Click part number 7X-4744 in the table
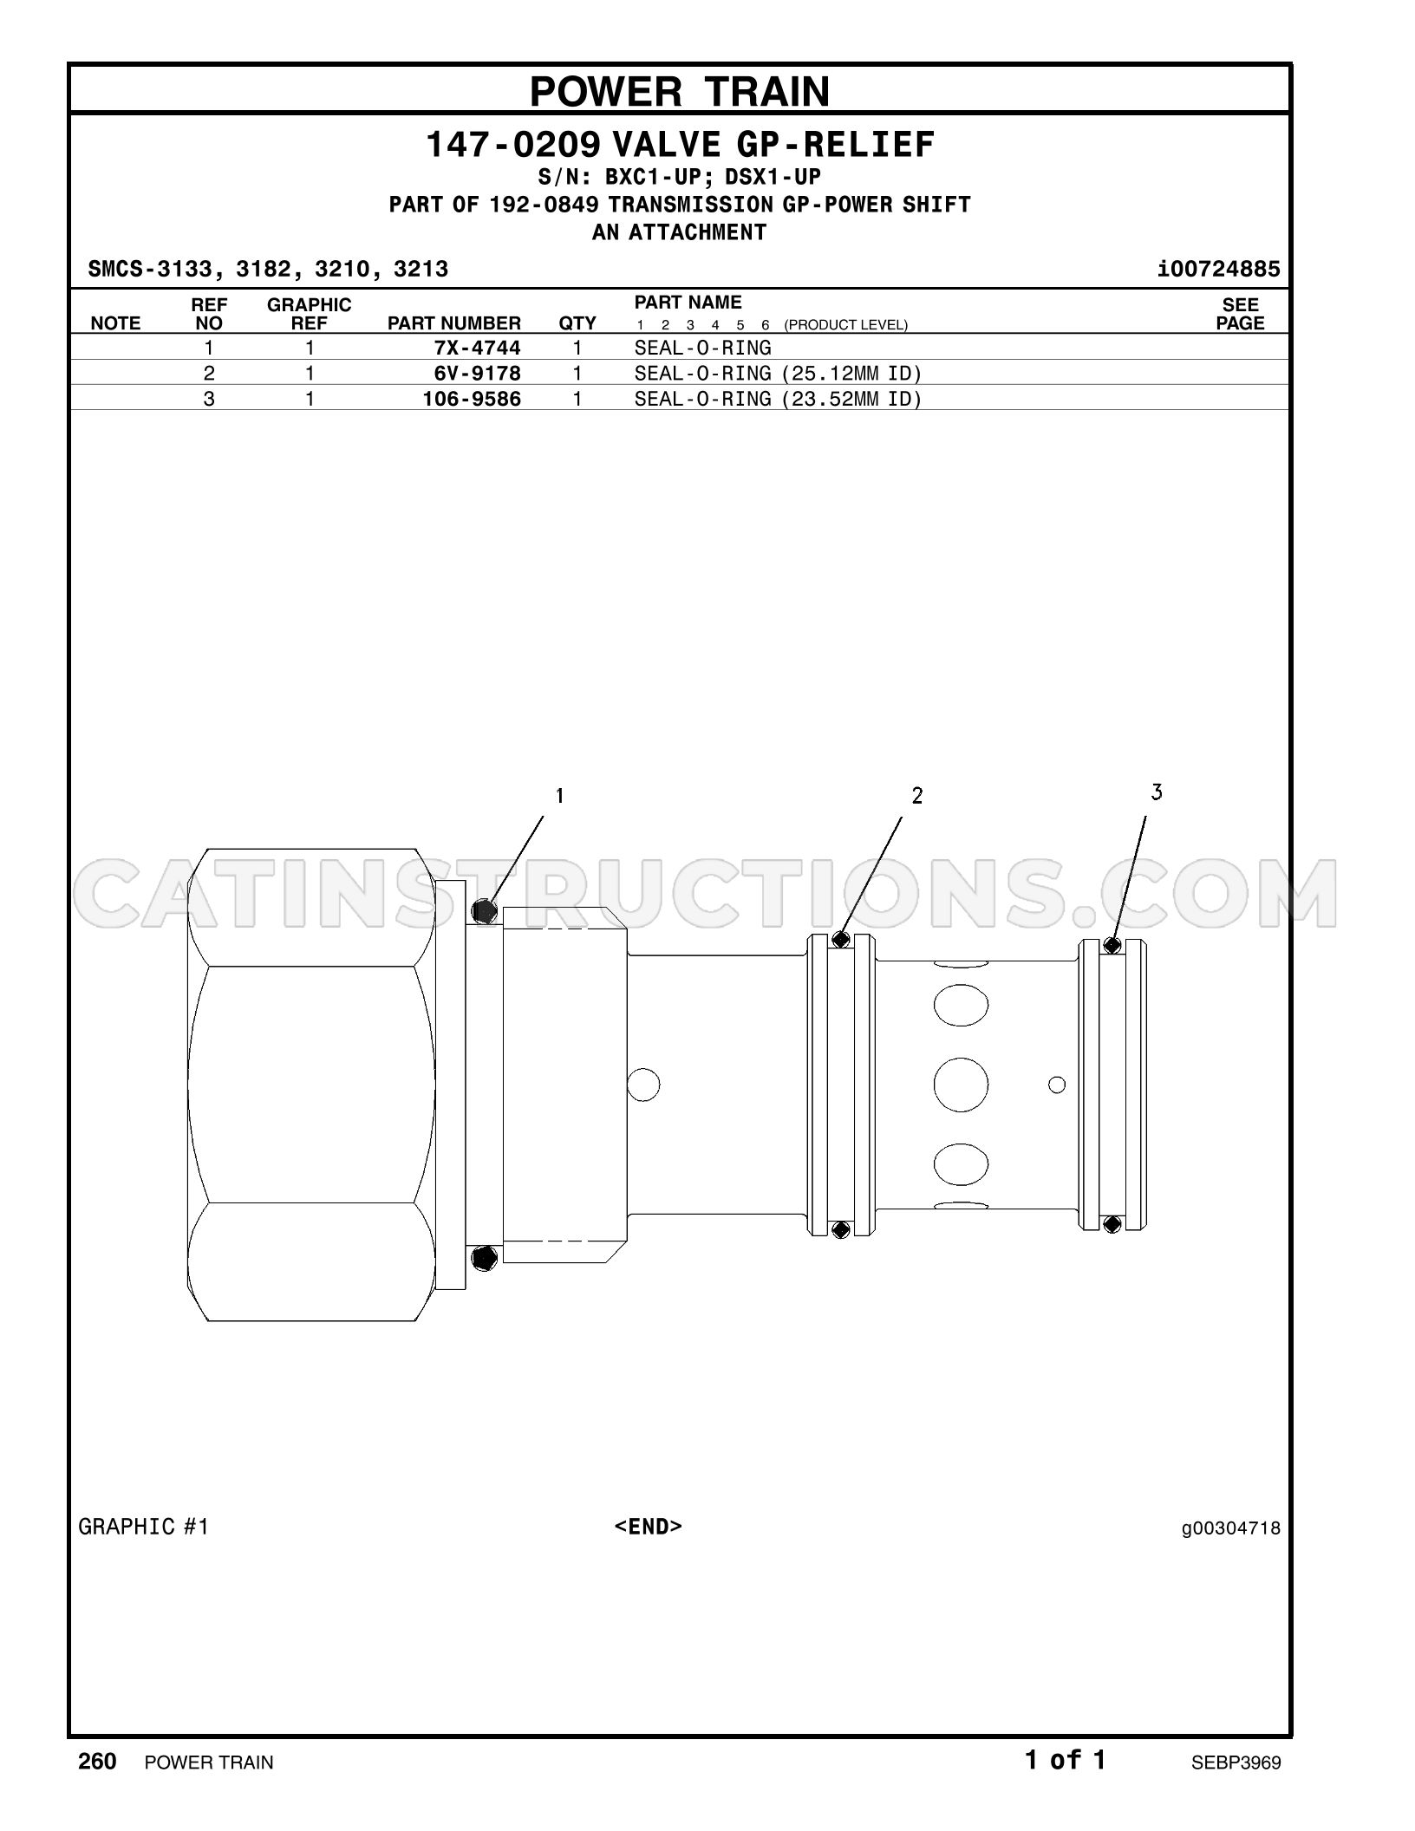(478, 348)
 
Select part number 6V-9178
(478, 373)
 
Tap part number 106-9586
(472, 399)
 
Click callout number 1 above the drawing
(560, 795)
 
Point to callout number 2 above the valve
(917, 795)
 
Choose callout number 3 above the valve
(1157, 792)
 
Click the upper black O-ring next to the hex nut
(486, 911)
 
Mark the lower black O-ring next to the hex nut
(486, 1257)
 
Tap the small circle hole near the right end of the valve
(1057, 1085)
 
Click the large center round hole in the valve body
(961, 1085)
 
